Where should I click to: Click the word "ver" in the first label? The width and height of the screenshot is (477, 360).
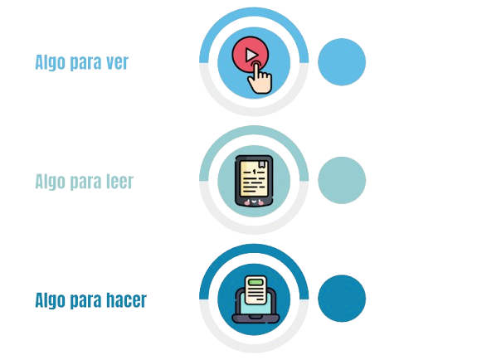[117, 62]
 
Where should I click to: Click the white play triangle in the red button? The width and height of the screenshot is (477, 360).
[251, 56]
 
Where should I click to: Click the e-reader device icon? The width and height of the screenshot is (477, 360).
[254, 181]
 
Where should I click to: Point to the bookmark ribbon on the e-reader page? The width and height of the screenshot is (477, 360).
[262, 164]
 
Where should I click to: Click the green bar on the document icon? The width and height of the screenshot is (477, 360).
[255, 282]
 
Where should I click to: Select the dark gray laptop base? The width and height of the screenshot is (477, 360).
[256, 319]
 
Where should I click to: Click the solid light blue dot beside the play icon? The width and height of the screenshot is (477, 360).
[342, 61]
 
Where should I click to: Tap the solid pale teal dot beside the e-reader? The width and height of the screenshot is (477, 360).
[342, 180]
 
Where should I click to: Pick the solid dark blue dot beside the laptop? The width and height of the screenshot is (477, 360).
[342, 299]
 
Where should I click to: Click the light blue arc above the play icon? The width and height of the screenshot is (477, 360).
[254, 12]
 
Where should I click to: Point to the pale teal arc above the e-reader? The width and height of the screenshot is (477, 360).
[254, 130]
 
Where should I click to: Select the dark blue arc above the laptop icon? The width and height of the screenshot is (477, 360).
[254, 249]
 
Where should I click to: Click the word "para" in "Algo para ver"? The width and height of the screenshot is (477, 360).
[85, 64]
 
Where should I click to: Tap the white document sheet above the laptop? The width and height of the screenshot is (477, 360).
[256, 290]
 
